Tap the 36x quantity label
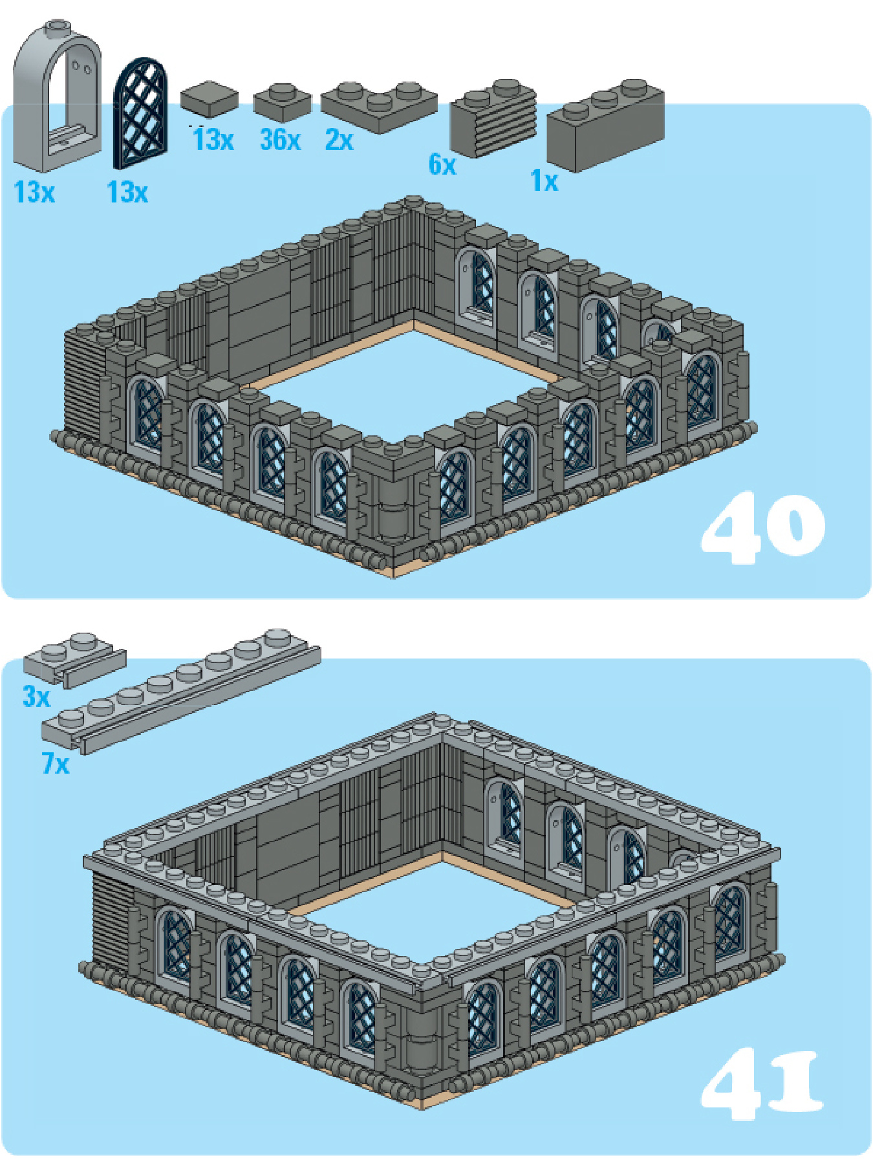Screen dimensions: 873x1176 coord(280,140)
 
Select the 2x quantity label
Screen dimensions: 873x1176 coord(339,140)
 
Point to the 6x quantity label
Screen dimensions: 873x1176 coord(442,164)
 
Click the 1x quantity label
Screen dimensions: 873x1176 coord(544,180)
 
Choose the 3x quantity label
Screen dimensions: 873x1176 coord(36,697)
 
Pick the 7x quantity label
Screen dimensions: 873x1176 coord(56,764)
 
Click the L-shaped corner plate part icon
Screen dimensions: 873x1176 coord(379,107)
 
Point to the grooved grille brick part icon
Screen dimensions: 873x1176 coord(493,119)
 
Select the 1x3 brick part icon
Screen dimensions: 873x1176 coord(605,126)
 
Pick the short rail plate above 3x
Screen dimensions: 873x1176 coord(74,659)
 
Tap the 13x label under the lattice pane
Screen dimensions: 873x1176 coord(127,192)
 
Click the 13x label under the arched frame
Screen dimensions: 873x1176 coord(34,192)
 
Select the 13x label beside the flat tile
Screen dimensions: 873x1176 coord(213,140)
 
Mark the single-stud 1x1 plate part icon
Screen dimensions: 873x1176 coord(282,102)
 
